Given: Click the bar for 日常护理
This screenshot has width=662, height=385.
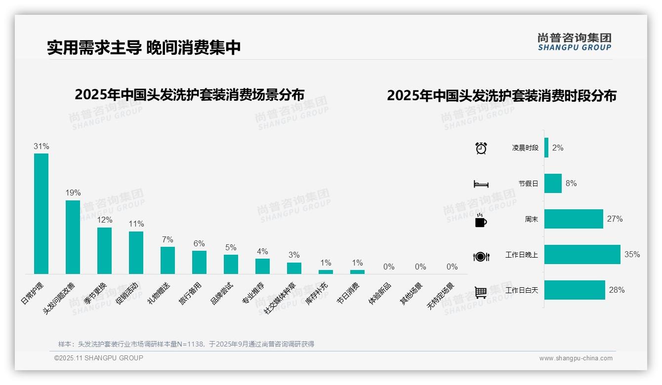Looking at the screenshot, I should (41, 213).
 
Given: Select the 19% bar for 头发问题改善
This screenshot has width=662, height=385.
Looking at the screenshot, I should (73, 237).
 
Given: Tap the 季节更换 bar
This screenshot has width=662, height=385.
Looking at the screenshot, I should (104, 250).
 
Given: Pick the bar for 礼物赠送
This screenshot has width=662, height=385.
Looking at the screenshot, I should (167, 260).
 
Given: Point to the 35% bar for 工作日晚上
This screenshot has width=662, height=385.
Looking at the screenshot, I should (582, 255).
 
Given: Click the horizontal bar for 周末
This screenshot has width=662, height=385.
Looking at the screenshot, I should (574, 219).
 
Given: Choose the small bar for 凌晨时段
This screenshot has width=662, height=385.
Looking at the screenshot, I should (546, 148).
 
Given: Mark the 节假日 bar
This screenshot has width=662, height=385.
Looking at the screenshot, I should (553, 184).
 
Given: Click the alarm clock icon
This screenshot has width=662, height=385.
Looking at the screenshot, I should (481, 148).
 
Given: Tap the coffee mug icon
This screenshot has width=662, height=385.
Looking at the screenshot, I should (481, 221).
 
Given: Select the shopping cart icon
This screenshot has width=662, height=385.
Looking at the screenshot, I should (481, 292).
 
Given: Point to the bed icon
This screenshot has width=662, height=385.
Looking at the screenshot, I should (481, 184).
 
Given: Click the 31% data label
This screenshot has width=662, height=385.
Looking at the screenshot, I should (41, 147).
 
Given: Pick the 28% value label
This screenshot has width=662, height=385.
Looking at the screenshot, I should (617, 290).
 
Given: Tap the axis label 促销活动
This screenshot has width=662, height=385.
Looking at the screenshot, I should (127, 293).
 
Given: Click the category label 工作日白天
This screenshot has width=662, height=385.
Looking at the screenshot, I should (522, 290).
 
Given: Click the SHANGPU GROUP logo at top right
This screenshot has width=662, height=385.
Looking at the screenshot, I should (574, 42).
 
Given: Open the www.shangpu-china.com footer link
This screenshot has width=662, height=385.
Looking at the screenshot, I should (576, 358).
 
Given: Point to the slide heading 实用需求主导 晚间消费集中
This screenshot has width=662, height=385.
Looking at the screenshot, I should (144, 47).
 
